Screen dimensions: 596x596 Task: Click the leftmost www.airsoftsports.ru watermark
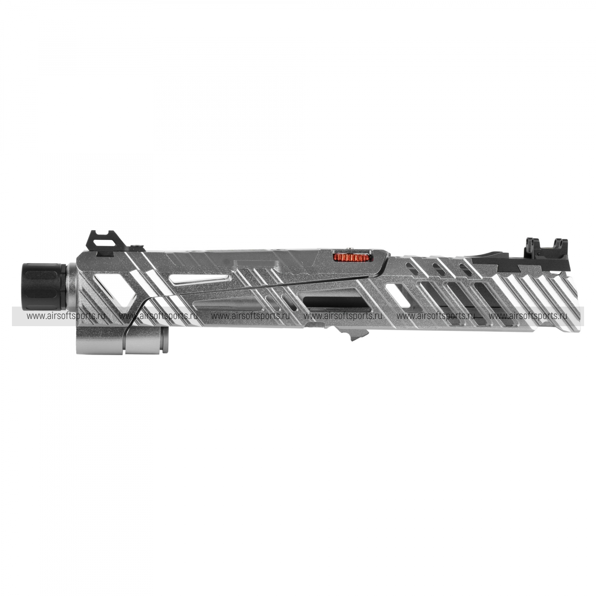pos(66,316)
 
